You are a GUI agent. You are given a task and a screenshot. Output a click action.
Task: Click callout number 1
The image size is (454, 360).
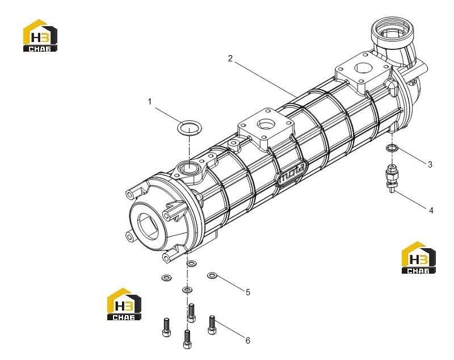coord(150,102)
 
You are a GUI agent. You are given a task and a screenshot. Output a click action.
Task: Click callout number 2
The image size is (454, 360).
coord(230,58)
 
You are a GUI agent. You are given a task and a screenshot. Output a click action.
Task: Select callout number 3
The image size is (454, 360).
coord(430,165)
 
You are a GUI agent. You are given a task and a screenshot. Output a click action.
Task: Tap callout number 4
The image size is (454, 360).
coord(431,211)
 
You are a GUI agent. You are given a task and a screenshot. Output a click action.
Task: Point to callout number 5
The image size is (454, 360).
coord(248,292)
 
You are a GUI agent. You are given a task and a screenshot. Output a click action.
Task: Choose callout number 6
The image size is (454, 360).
coord(248,341)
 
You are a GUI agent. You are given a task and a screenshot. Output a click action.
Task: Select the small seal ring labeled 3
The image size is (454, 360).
coord(392,148)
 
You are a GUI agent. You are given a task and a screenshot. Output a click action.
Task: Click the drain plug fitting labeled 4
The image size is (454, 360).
coord(392,178)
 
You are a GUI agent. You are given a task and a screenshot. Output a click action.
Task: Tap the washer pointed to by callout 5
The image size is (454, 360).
coord(212,275)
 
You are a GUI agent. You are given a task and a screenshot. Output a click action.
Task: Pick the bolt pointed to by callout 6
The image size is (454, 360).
coord(212,325)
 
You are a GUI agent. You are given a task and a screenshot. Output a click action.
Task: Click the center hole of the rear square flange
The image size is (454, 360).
coord(363,68)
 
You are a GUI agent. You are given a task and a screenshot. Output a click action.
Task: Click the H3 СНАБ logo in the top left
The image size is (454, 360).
coord(40,35)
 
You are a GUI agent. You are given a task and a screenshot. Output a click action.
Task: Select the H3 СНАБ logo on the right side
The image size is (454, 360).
coord(418,257)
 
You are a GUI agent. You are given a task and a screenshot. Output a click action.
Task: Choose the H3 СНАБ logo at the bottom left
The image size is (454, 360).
coord(124,304)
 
